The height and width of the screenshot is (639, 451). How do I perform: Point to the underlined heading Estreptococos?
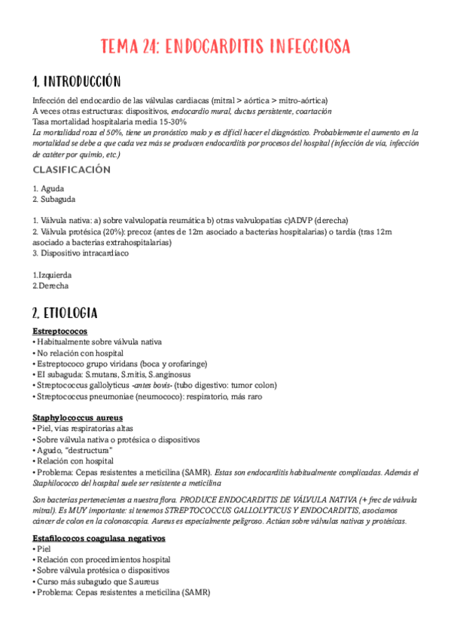[x=59, y=331]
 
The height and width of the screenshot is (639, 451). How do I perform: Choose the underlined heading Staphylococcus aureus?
[x=78, y=417]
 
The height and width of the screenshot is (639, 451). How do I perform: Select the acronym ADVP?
[x=294, y=220]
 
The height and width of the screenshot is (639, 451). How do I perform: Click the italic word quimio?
[x=87, y=154]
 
